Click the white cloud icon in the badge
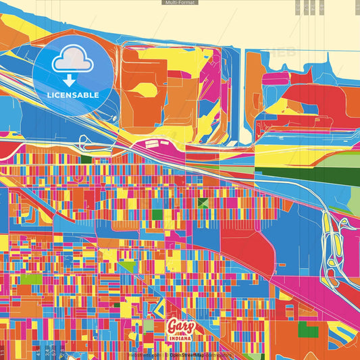(74, 60)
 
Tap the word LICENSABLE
(74, 95)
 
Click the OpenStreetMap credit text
(188, 354)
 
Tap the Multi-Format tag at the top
(180, 3)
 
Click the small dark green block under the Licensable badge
(86, 159)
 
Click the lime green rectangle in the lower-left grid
(30, 278)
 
